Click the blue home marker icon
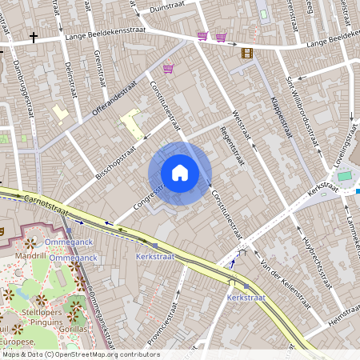point(180,173)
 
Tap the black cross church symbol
point(34,37)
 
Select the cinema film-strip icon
point(247,53)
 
